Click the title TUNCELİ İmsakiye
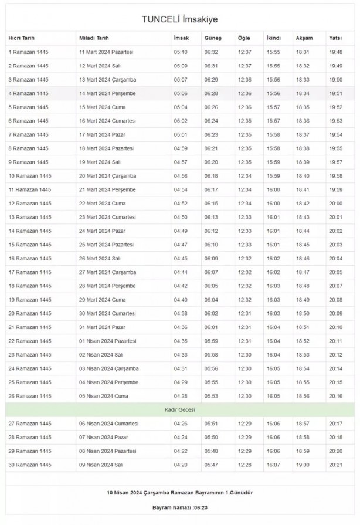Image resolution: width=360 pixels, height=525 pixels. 179,19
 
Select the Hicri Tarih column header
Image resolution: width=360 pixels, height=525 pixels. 21,38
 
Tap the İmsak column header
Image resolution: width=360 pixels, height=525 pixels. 181,38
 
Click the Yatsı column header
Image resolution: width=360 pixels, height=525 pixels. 335,38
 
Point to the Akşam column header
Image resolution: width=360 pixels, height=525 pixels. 304,38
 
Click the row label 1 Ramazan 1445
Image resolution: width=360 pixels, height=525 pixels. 28,52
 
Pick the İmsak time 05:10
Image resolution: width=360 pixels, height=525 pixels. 181,52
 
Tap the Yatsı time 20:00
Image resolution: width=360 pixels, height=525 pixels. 336,204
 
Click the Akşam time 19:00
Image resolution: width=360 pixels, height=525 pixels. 303,465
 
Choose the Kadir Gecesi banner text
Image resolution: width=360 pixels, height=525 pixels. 179,409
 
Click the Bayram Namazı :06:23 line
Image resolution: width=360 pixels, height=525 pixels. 179,506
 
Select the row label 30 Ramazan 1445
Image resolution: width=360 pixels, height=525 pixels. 29,465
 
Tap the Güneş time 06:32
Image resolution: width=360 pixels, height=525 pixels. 211,52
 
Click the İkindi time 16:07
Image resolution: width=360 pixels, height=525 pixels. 273,465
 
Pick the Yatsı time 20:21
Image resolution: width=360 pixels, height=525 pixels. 336,465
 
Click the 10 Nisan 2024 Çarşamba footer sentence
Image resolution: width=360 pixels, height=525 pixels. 179,492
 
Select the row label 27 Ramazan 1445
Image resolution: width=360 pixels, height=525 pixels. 29,424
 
